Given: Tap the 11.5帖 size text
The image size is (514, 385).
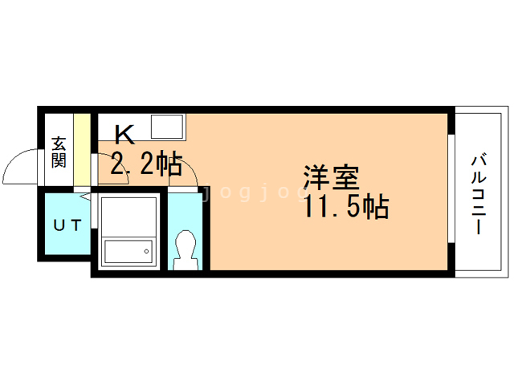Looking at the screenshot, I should (346, 207).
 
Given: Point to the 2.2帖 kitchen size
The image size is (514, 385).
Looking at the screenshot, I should (145, 164).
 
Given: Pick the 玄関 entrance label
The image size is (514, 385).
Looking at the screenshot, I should (59, 152).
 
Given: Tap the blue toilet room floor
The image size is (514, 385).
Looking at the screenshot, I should (186, 213).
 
